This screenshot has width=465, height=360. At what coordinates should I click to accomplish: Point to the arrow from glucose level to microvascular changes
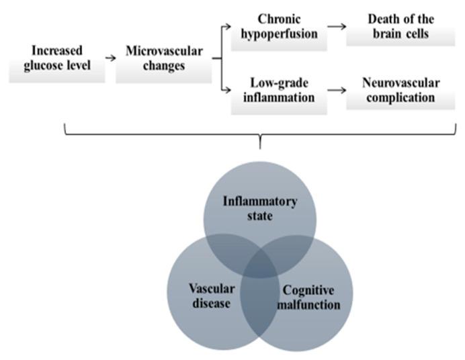click(110, 58)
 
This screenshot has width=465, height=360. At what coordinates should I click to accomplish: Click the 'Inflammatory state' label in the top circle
click(260, 208)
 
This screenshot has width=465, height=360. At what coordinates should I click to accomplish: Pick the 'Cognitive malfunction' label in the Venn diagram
click(309, 298)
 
